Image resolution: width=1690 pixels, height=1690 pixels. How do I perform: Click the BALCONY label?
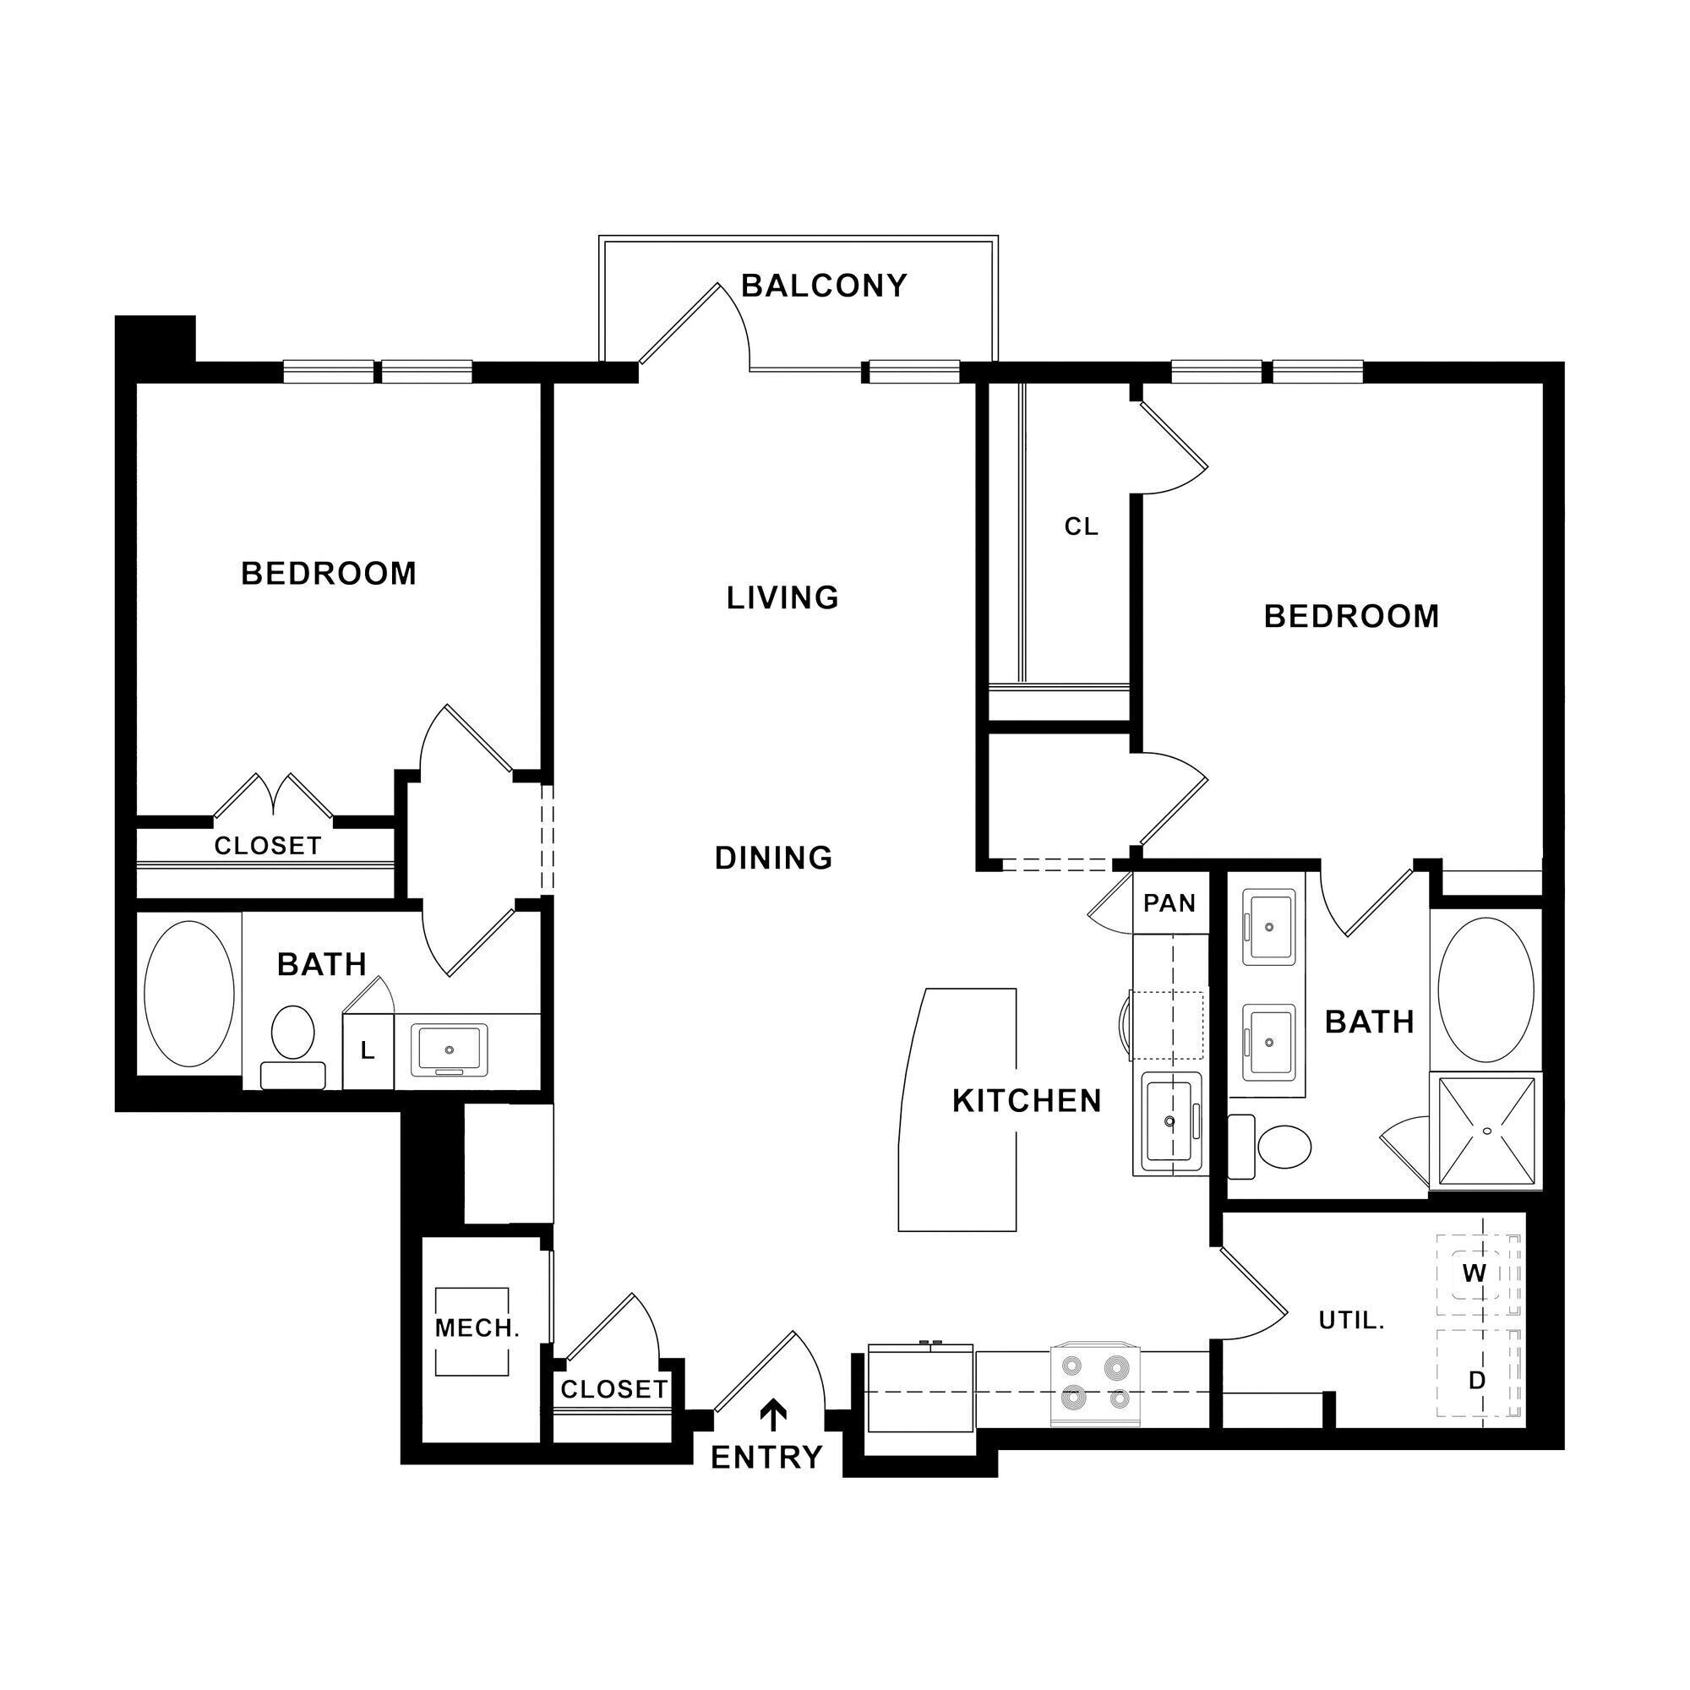tap(823, 286)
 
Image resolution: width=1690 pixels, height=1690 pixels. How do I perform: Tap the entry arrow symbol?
tap(774, 1414)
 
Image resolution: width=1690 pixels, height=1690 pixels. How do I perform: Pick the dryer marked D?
tap(1476, 1382)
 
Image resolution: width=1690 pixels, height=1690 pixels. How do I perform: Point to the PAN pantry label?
tap(1169, 902)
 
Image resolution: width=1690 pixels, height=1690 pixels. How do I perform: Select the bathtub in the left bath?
tap(189, 994)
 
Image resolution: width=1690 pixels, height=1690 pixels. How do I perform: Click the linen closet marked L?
tap(368, 1050)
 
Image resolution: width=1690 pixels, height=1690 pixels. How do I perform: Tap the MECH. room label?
tap(477, 1328)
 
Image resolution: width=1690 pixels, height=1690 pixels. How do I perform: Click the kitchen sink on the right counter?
tap(1169, 1122)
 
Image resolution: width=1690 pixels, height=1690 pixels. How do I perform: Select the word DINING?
tap(773, 859)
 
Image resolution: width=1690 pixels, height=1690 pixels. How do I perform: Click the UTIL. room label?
tap(1350, 1321)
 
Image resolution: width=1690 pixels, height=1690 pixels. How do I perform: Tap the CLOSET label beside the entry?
tap(613, 1389)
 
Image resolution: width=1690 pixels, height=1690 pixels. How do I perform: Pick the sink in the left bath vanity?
tap(450, 1049)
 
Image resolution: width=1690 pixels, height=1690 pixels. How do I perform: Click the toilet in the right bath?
tap(1274, 1145)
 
